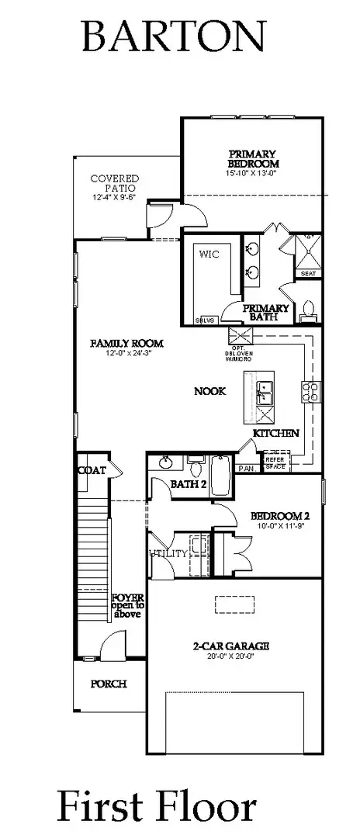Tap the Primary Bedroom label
click(253, 158)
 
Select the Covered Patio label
click(114, 183)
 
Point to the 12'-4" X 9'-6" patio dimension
click(114, 198)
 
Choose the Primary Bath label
click(266, 312)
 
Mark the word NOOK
click(209, 391)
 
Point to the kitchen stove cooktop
click(310, 391)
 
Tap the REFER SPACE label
click(275, 463)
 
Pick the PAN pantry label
click(247, 468)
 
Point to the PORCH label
click(108, 684)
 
